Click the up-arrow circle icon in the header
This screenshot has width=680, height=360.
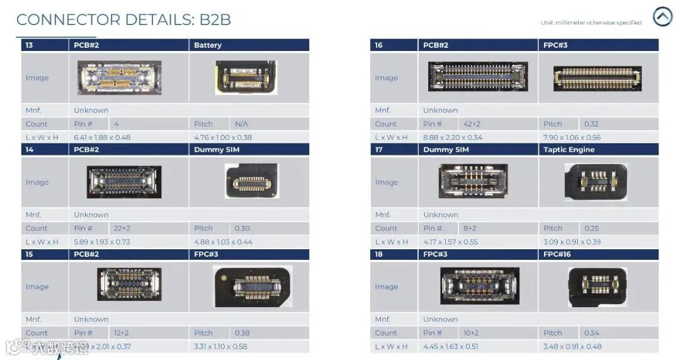coord(662,17)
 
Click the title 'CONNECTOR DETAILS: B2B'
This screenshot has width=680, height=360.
coord(123,20)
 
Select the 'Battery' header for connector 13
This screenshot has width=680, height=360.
coord(208,45)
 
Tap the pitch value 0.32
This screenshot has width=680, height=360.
coord(591,124)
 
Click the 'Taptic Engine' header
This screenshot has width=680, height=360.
coord(569,150)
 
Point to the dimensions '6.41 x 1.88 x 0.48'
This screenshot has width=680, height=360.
coord(102,137)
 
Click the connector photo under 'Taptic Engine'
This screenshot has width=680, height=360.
coord(596,181)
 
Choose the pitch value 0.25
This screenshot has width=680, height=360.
coord(591,228)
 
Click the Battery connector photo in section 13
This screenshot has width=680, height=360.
coord(246,77)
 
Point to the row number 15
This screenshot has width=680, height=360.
coord(30,254)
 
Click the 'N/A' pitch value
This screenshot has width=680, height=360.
coord(241,124)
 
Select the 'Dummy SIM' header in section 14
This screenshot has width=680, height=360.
coord(217,150)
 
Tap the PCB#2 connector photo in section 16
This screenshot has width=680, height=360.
coord(478,77)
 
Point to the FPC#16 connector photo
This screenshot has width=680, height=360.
coord(597,286)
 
